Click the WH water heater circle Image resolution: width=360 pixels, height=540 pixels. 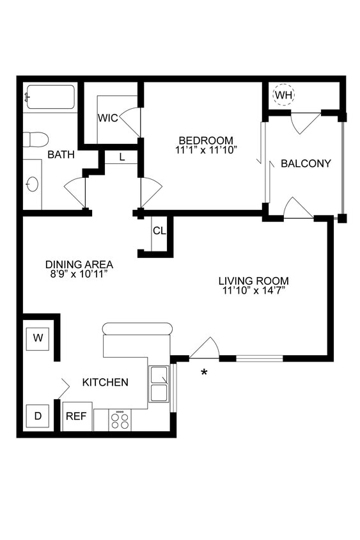(x=283, y=95)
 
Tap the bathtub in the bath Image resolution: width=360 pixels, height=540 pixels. (x=50, y=97)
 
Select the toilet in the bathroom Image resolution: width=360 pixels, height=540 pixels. (x=36, y=139)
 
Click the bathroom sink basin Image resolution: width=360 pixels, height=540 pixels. (x=32, y=184)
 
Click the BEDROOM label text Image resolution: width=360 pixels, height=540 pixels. (x=205, y=140)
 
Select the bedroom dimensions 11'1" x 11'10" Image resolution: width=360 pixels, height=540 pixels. (x=205, y=150)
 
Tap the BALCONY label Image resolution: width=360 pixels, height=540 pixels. (x=306, y=163)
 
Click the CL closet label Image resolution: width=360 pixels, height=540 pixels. (x=159, y=231)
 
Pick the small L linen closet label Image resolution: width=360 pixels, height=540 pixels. (x=121, y=156)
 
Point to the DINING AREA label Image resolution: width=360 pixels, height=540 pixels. (x=79, y=264)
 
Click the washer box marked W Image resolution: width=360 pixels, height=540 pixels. (x=38, y=338)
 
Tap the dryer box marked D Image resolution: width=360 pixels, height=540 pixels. (x=38, y=416)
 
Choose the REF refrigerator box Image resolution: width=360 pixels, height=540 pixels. (x=77, y=416)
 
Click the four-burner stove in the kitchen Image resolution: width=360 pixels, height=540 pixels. (x=120, y=420)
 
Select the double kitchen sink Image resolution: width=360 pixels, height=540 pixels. (x=159, y=384)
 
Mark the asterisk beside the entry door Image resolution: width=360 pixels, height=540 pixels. (x=204, y=372)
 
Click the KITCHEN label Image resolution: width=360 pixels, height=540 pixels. (x=106, y=382)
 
